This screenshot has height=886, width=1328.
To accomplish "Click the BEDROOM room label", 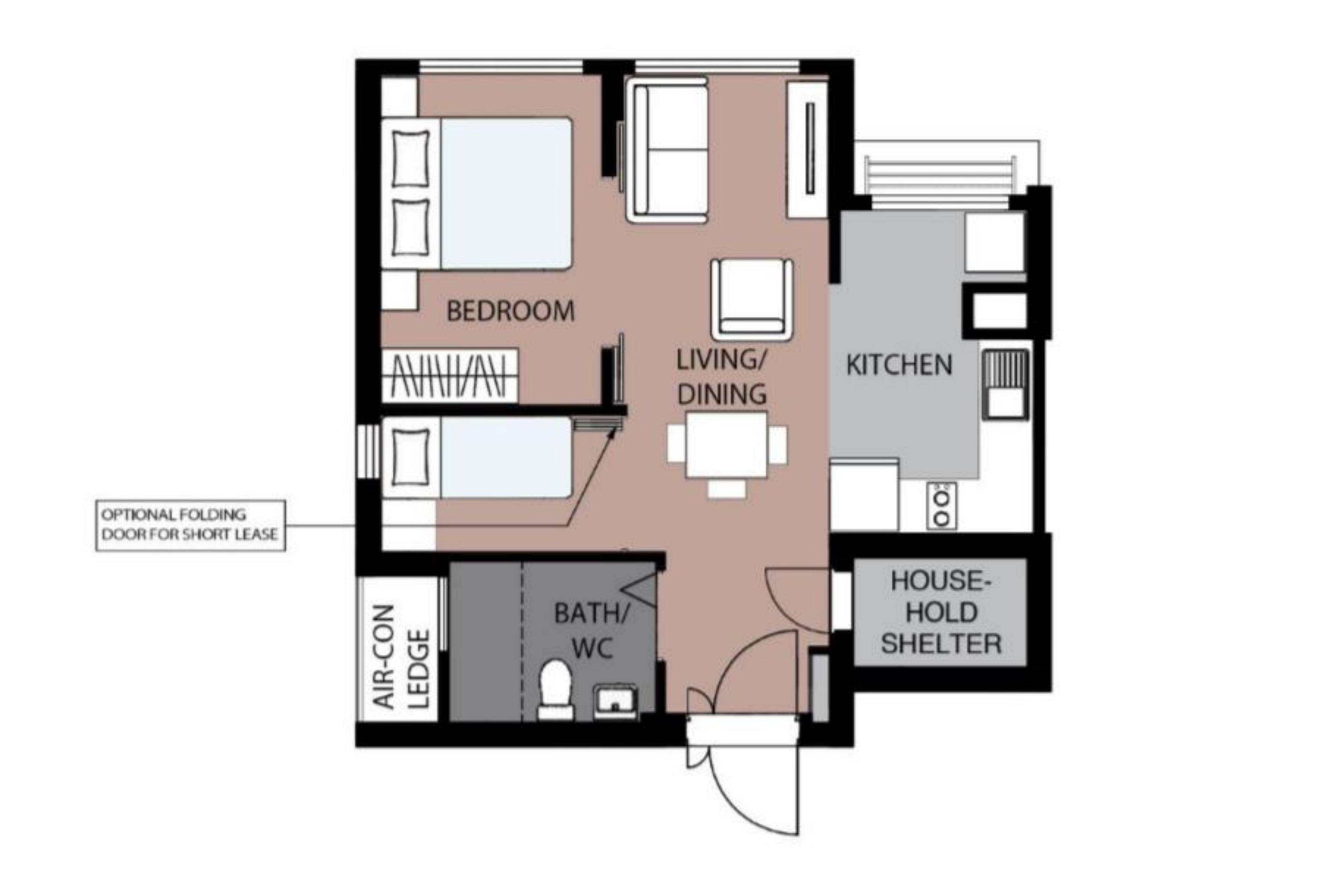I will pyautogui.click(x=510, y=311).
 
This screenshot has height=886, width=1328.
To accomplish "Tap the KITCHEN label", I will pyautogui.click(x=899, y=365).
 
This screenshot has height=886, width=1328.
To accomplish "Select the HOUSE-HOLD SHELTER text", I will pyautogui.click(x=941, y=613).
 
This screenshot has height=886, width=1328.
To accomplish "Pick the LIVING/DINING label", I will pyautogui.click(x=721, y=377).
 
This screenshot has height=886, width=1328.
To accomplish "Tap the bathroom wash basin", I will pyautogui.click(x=615, y=701).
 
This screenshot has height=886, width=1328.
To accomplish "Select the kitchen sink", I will pyautogui.click(x=1005, y=384).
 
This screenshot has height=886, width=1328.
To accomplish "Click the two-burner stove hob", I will pyautogui.click(x=941, y=506).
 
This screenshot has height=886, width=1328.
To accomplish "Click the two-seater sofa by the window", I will pyautogui.click(x=667, y=150).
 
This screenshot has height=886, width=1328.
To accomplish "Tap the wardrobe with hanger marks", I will pyautogui.click(x=449, y=376).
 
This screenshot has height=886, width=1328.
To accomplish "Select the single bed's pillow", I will pyautogui.click(x=410, y=457).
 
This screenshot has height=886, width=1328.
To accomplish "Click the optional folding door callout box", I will pyautogui.click(x=190, y=525).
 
